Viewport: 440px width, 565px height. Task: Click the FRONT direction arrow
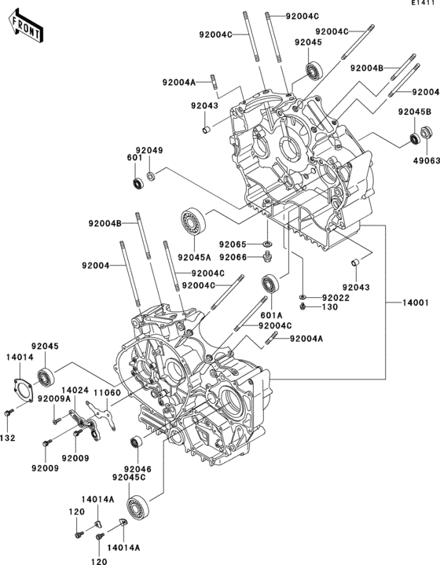[x=26, y=27]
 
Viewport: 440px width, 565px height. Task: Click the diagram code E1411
[x=426, y=3]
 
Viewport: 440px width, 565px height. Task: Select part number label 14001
[x=416, y=303]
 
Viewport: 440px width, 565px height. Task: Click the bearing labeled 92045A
[x=192, y=222]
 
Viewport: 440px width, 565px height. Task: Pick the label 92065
[x=233, y=244]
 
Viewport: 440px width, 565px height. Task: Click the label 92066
[x=233, y=257]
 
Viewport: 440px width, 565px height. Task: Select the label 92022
[x=335, y=298]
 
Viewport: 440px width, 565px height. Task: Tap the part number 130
[x=330, y=307]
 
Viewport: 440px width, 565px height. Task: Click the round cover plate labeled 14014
[x=23, y=390]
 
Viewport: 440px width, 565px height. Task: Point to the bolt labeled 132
[x=9, y=413]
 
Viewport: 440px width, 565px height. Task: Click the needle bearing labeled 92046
[x=136, y=442]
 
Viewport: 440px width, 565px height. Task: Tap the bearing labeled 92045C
[x=137, y=508]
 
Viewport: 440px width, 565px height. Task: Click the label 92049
[x=149, y=150]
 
